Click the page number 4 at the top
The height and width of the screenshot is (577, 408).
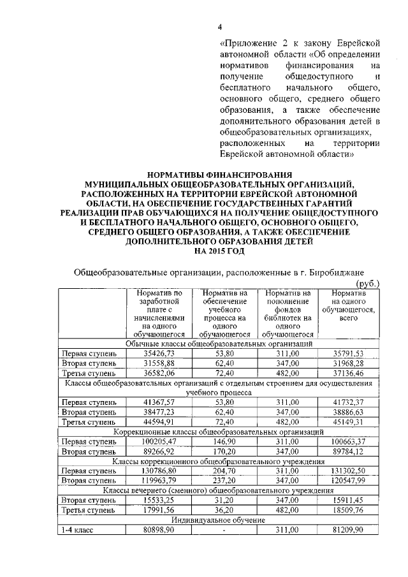point(220,27)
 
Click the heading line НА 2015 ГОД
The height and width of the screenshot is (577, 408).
point(219,251)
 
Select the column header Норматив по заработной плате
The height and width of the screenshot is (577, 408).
point(159,312)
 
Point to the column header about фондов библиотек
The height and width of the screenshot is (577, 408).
point(288,312)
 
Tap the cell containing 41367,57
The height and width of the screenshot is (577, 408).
point(159,402)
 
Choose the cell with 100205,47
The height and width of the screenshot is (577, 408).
point(159,442)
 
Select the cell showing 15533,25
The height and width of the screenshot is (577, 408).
point(159,500)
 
